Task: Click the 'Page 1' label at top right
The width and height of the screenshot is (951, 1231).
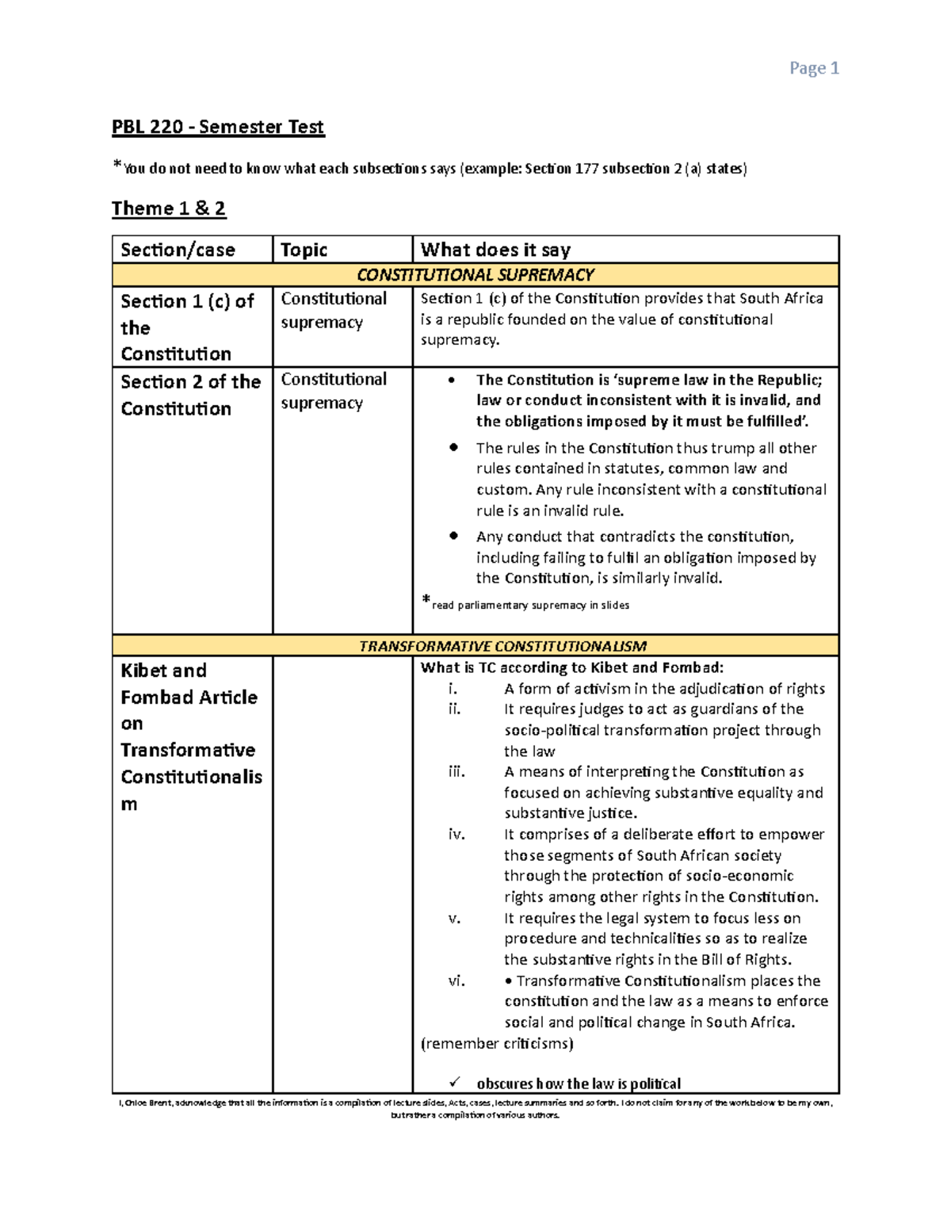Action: (814, 69)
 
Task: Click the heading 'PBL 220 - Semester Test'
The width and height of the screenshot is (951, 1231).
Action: (218, 127)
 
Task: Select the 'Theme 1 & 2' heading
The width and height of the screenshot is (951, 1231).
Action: (169, 208)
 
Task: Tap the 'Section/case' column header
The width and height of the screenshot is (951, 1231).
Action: (178, 250)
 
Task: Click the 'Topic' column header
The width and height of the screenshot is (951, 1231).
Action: (304, 250)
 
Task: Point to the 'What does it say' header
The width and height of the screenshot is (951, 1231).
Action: (495, 250)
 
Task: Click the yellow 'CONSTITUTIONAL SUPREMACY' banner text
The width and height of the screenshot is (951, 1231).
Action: (475, 275)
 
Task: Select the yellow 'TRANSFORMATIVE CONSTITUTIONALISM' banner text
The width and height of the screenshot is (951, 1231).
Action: (502, 646)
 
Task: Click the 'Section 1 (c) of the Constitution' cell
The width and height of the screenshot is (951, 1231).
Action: (187, 327)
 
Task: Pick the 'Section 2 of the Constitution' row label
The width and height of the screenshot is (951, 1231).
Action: (190, 395)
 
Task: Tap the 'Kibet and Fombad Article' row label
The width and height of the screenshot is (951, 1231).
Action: (189, 684)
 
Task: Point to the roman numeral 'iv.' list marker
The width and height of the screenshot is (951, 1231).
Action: (456, 834)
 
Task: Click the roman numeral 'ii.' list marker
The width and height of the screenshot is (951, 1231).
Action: (454, 709)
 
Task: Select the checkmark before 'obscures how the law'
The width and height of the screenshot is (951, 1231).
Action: (454, 1082)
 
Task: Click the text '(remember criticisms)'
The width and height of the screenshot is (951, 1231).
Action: (497, 1043)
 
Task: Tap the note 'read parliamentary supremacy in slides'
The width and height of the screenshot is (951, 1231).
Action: (530, 605)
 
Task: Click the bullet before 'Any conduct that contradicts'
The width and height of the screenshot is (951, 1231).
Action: (453, 536)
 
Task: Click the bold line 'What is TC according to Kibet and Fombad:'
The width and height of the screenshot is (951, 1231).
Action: (571, 667)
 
